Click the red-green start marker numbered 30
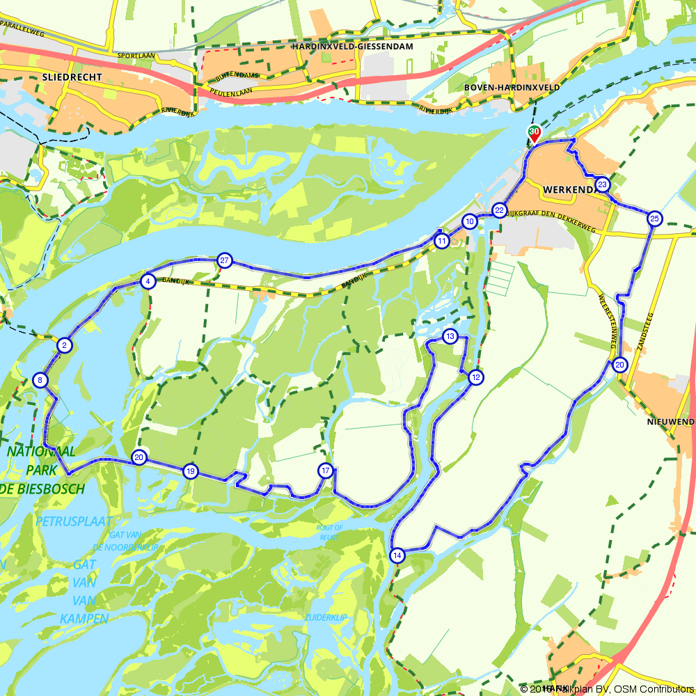(534, 133)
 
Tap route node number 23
(603, 185)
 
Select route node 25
(654, 219)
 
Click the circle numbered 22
(500, 210)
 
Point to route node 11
(442, 242)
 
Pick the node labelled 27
(223, 260)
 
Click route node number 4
(148, 281)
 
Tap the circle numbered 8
(40, 380)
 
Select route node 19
(190, 471)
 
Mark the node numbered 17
(325, 470)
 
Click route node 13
(450, 337)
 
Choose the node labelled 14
(397, 555)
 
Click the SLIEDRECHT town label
(72, 77)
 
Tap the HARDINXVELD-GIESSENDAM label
(354, 46)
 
